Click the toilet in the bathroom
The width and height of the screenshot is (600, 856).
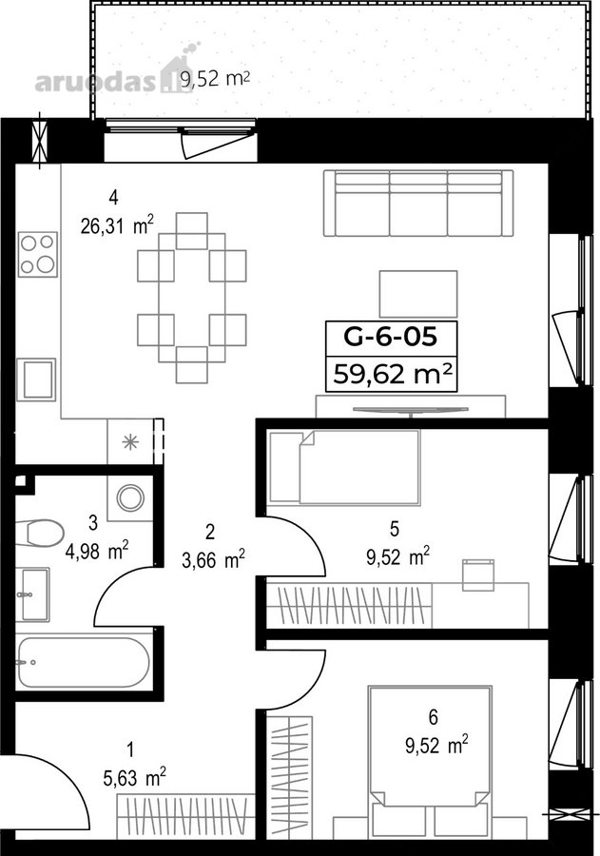39,533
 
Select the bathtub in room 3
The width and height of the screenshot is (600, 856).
83,662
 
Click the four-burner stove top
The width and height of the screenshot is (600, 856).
38,254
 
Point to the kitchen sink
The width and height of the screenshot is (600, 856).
36,379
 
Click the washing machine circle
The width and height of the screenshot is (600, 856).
131,497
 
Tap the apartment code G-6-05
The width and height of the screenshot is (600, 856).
391,337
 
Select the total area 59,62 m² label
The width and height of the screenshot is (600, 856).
393,375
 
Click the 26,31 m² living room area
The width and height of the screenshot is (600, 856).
117,224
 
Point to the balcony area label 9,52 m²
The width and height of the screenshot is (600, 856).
215,80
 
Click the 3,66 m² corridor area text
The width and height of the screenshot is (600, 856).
213,560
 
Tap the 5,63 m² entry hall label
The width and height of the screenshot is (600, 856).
135,778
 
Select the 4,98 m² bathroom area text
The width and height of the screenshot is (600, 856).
97,552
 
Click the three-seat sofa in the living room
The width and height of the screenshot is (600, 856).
418,204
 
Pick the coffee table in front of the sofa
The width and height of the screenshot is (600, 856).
418,294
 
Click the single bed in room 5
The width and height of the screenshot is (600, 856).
344,467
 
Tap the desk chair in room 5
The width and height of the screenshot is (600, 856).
478,574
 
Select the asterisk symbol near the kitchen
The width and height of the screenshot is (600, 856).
130,441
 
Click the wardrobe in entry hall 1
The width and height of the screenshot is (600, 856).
186,816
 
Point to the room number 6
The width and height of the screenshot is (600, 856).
434,717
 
